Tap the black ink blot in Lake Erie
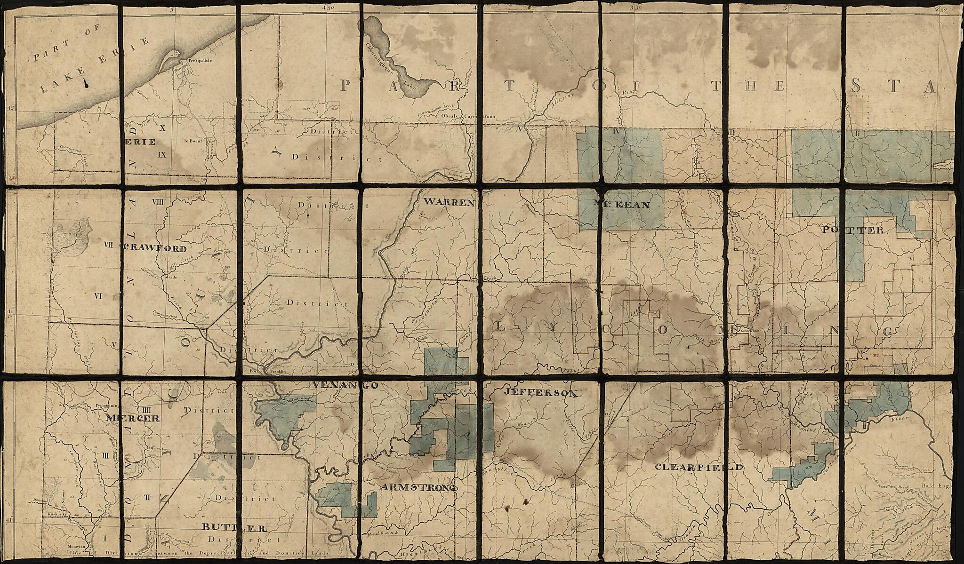86,82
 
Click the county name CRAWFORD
154,248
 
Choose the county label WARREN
449,203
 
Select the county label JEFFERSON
540,392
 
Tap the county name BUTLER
231,527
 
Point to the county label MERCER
133,418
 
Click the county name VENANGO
345,385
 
